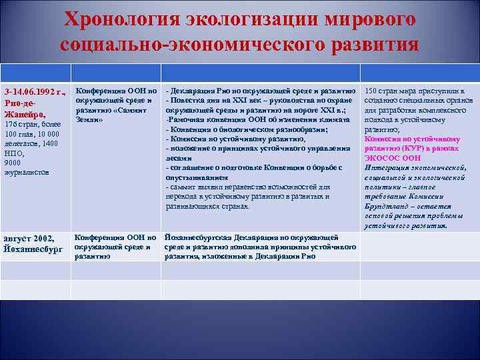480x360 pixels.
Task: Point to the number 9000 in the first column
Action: coord(13,162)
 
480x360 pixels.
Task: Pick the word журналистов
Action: coord(27,171)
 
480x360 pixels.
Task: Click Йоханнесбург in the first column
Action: coord(33,249)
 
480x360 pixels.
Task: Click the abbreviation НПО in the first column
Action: coord(13,153)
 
